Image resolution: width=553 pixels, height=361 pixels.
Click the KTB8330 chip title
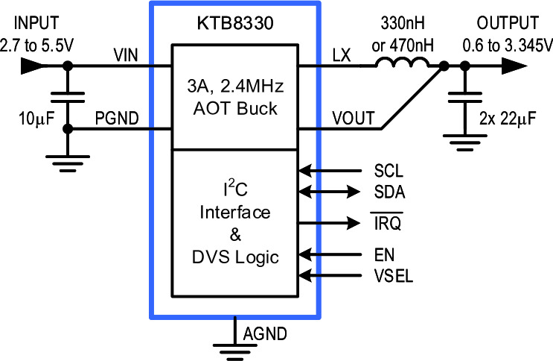click(x=235, y=23)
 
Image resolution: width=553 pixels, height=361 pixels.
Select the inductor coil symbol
click(x=403, y=62)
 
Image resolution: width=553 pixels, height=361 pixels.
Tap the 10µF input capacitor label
click(x=36, y=119)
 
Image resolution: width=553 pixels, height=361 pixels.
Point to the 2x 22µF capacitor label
click(x=508, y=119)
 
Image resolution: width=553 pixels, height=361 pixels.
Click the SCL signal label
click(x=389, y=171)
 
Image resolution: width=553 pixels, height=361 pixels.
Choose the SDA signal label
click(x=390, y=192)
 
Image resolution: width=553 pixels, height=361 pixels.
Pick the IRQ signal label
click(x=387, y=223)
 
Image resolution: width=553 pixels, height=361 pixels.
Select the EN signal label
click(x=384, y=255)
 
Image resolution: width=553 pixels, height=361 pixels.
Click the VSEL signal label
click(x=394, y=276)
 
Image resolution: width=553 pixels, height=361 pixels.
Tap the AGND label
click(x=265, y=334)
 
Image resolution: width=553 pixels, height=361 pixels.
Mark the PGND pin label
click(x=117, y=119)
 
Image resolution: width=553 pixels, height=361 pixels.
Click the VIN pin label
click(x=126, y=55)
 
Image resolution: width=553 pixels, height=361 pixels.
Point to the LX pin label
click(x=342, y=55)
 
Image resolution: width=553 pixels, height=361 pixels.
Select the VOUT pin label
click(x=353, y=119)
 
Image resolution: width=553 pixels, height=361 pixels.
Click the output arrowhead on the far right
click(x=514, y=66)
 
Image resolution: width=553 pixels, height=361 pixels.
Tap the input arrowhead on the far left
click(x=33, y=66)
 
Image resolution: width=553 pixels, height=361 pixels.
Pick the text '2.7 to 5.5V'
click(x=36, y=45)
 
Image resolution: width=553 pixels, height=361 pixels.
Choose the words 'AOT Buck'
click(x=235, y=109)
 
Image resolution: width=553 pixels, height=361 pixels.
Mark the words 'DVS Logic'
click(x=235, y=258)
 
